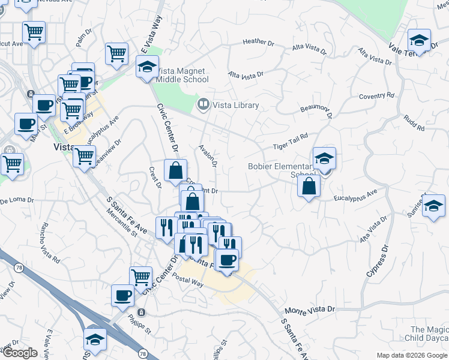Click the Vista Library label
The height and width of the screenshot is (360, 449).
coord(236,106)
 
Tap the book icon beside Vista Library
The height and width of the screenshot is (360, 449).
coord(203,106)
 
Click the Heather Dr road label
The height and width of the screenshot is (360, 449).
coord(258,43)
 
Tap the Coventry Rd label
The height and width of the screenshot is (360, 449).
coord(376,95)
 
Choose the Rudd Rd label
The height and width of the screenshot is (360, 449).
coord(414,124)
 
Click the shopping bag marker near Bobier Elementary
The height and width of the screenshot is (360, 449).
coord(309,187)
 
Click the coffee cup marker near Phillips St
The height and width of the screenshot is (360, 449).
coord(123,295)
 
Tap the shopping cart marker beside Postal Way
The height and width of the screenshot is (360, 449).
coord(140,277)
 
